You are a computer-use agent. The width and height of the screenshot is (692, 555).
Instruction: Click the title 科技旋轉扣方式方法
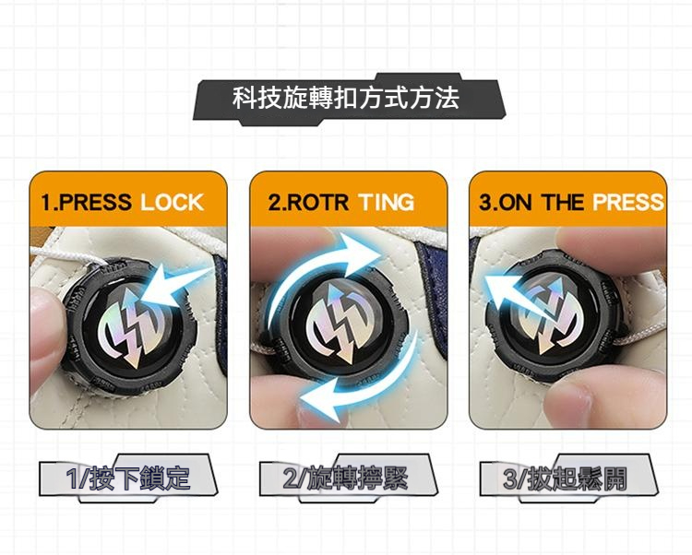click(346, 98)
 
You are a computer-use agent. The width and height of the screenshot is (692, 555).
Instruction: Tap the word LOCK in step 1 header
click(172, 202)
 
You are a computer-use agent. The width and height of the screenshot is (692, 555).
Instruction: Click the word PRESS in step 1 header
click(94, 202)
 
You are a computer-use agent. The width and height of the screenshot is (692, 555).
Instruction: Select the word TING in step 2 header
click(387, 202)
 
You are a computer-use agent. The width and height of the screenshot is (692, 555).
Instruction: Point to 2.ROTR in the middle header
click(308, 202)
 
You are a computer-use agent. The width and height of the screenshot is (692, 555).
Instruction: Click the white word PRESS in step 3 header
click(627, 202)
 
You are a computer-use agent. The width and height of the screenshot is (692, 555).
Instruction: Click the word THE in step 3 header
click(563, 202)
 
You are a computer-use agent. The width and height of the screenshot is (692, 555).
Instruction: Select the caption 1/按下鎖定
click(128, 478)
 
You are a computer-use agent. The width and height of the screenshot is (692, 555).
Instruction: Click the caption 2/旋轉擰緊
click(346, 478)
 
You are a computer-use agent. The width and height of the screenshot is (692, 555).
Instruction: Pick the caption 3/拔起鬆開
click(565, 478)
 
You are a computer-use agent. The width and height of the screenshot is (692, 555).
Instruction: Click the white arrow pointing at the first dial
click(176, 282)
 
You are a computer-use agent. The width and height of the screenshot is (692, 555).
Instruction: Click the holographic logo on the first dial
click(131, 325)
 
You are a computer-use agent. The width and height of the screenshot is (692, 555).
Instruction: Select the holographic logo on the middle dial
click(338, 323)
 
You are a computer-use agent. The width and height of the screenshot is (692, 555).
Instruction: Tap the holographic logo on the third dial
click(548, 313)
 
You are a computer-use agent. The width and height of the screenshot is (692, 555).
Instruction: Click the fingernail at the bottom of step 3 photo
click(564, 402)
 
